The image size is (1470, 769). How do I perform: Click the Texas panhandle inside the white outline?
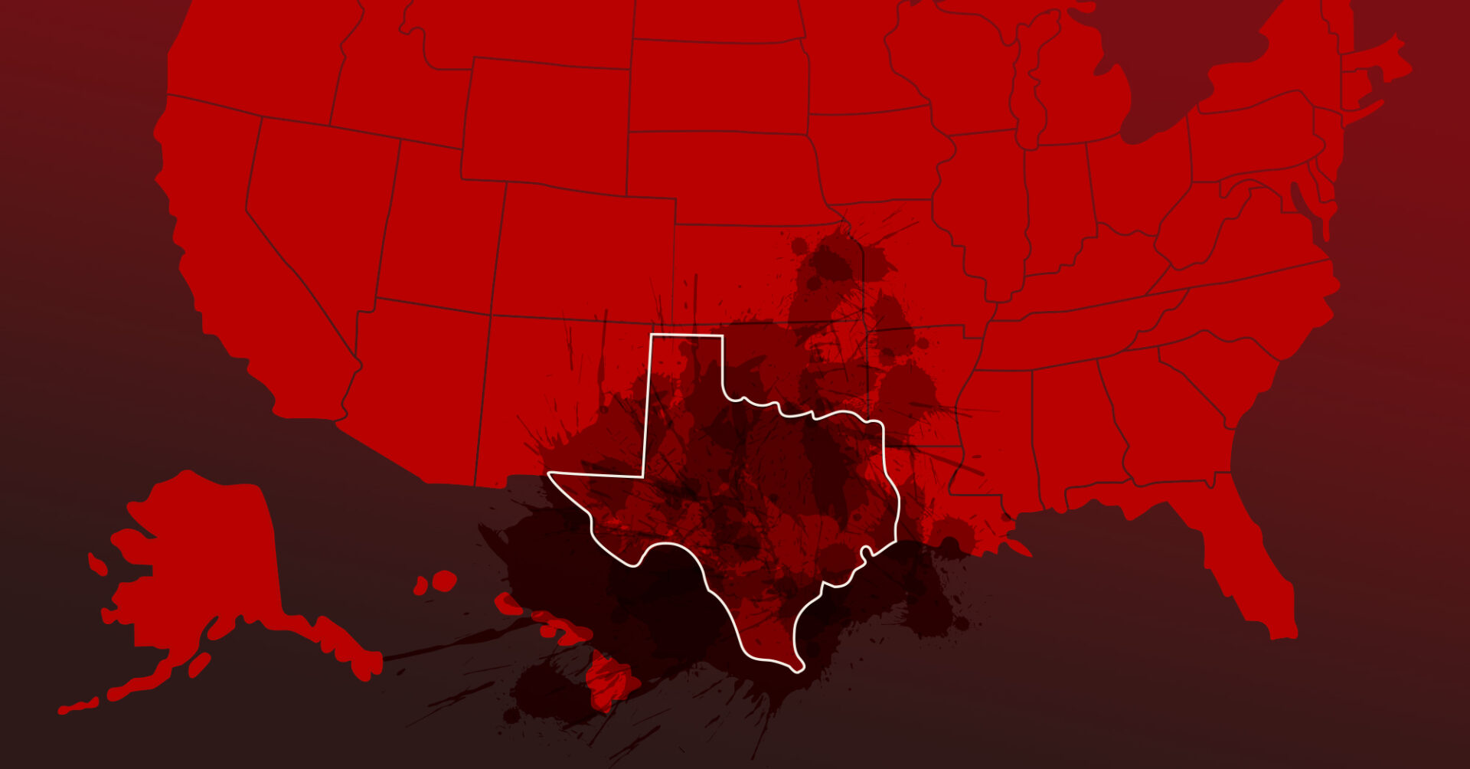pyautogui.click(x=685, y=368)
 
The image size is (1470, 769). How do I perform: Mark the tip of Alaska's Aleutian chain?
pyautogui.click(x=65, y=709)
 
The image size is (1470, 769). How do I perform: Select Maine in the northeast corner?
pyautogui.click(x=1378, y=61)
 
